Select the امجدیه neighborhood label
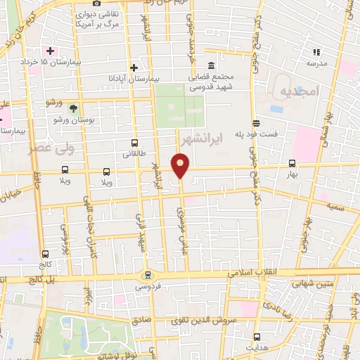(298, 92)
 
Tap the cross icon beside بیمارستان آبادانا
(134, 67)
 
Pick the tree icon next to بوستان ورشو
(75, 107)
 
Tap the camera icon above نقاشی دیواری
(96, 4)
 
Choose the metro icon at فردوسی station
(146, 275)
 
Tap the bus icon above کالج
(46, 255)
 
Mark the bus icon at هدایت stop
(257, 336)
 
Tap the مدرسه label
(316, 63)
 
